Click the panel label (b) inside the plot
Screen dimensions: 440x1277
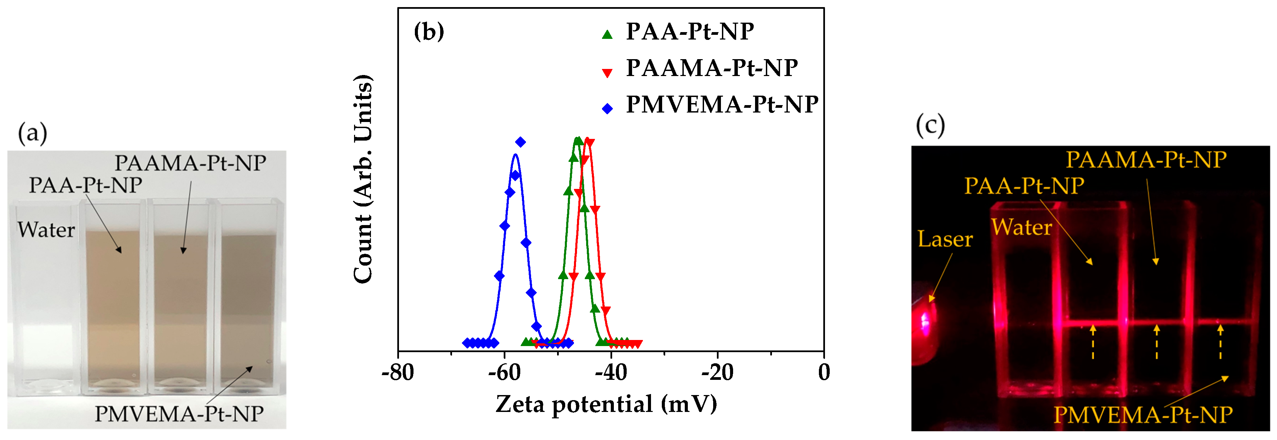429,32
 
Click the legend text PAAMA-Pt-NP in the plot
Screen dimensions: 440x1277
711,68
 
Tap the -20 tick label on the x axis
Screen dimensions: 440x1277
717,372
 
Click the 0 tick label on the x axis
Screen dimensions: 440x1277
824,372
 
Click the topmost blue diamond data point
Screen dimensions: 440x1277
520,142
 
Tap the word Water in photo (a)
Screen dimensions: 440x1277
46,230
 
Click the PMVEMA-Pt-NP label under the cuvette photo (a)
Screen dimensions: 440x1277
179,414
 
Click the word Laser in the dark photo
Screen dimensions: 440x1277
945,239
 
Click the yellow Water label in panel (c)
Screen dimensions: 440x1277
1021,227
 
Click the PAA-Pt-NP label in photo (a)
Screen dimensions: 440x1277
85,185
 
